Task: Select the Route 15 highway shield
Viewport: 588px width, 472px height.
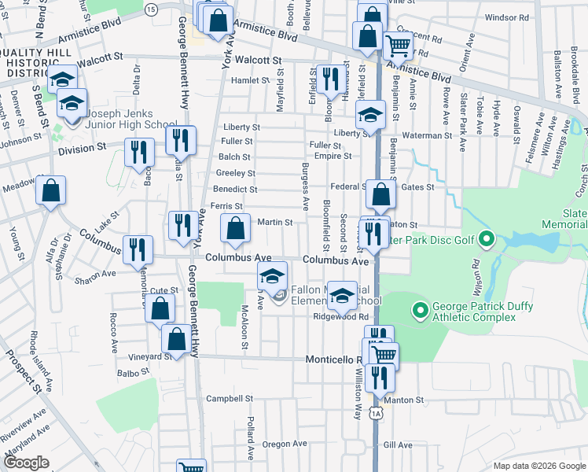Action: tap(151, 9)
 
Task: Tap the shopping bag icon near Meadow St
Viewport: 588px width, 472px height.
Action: tap(51, 190)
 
